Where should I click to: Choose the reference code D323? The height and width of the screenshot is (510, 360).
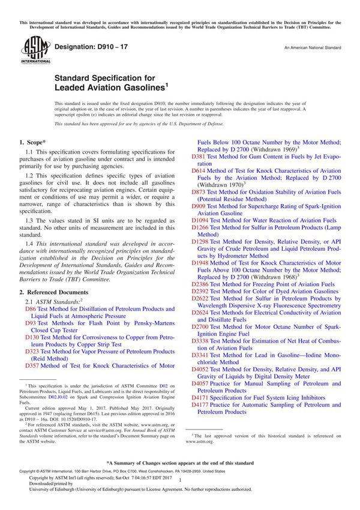click(x=32, y=352)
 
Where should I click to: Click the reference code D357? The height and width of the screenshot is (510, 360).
click(x=32, y=365)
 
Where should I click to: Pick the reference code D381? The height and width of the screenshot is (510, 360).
click(x=199, y=156)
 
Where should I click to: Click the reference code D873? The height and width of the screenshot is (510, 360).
click(x=199, y=191)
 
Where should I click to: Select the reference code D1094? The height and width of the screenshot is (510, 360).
click(x=200, y=220)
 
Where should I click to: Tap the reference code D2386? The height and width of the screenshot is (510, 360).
click(x=200, y=284)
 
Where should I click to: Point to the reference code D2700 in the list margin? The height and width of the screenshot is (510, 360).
click(x=200, y=326)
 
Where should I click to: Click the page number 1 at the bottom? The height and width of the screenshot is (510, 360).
click(x=180, y=489)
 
